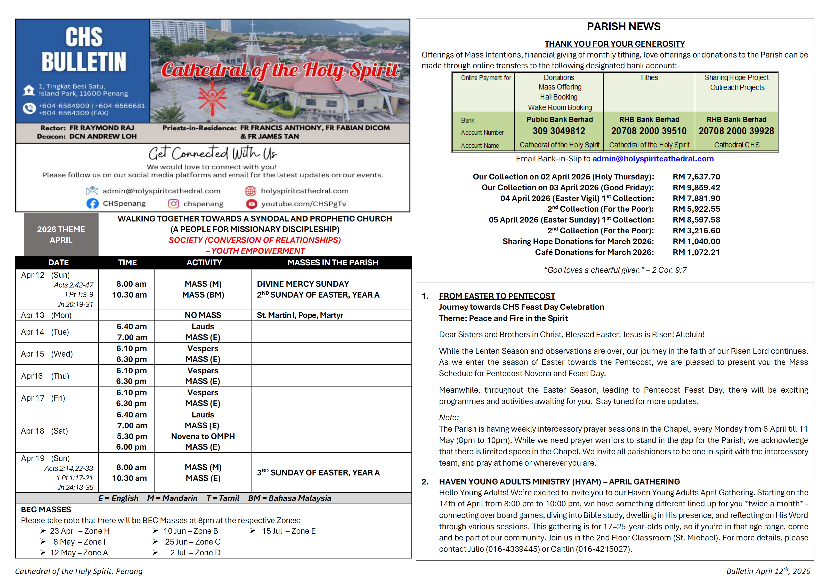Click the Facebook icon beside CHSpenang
tap(92, 203)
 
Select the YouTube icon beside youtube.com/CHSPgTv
tap(252, 204)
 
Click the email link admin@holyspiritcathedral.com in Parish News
tap(653, 159)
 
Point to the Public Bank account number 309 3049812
tap(559, 131)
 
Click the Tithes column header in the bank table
tap(649, 78)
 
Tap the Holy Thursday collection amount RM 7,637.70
tap(696, 177)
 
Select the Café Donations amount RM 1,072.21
tap(696, 252)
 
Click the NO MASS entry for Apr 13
tap(203, 315)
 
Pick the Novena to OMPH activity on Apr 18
tap(203, 436)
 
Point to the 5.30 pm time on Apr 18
tap(132, 436)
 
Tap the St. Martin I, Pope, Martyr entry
tap(300, 315)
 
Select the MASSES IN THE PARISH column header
tap(333, 262)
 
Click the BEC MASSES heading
tap(46, 509)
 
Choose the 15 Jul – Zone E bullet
tap(288, 531)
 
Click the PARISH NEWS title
tap(623, 27)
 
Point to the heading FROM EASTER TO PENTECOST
tap(497, 296)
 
